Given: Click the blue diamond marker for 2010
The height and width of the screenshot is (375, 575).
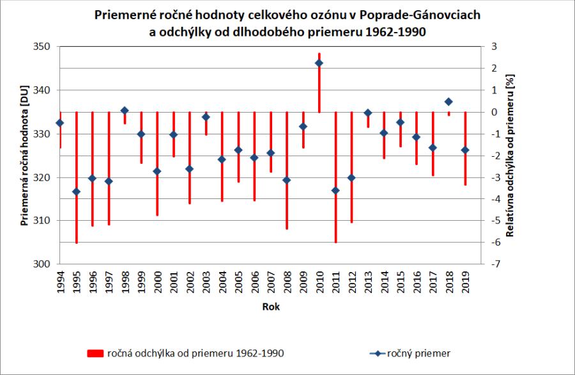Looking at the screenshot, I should pos(319,63).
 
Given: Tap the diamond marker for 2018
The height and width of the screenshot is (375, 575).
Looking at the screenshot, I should pos(448,102).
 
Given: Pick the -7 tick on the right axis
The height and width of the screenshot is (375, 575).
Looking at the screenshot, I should pos(493,264).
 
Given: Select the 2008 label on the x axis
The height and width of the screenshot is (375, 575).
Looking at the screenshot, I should pos(287,282).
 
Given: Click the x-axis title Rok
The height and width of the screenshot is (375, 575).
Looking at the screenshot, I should pos(270,307).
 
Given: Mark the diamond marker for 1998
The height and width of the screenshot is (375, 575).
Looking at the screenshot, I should pos(125,110).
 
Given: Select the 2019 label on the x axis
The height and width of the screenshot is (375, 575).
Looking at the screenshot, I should pos(465,282).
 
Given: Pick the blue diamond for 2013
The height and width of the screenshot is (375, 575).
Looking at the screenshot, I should pos(367,113).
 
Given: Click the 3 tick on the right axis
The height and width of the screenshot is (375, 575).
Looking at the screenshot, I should pos(494,47).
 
